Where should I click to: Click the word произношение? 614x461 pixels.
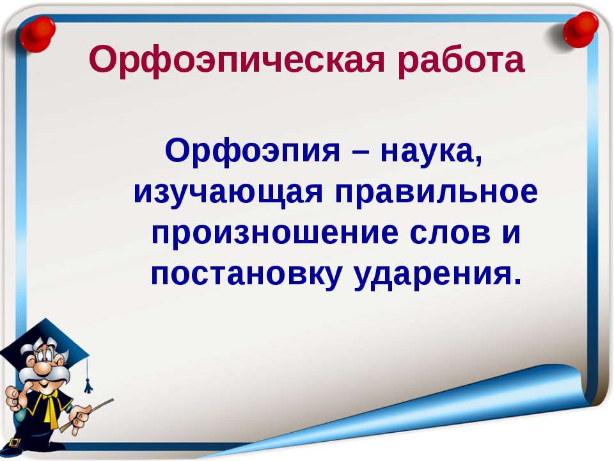275,234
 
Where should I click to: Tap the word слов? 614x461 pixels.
450,234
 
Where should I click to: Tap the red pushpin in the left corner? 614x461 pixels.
37,35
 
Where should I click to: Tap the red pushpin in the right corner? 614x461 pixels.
580,29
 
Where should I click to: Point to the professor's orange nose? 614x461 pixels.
42,369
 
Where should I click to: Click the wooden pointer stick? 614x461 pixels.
87,415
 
